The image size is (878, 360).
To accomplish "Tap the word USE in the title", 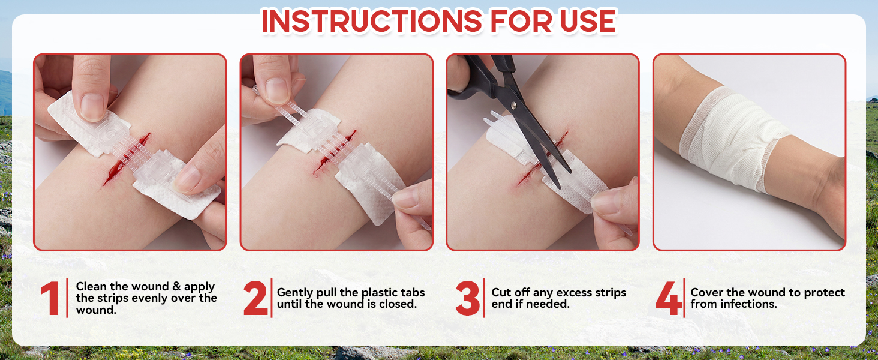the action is coord(588,21).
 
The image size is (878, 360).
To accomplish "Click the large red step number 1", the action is coord(50,298).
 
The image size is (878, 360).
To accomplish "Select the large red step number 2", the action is coord(255,298).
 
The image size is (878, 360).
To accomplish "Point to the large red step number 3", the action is coord(468,298).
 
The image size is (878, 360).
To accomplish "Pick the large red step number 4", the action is coord(669,298).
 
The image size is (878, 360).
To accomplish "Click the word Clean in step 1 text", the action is coord(91,286).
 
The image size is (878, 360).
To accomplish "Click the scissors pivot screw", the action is coord(514,106).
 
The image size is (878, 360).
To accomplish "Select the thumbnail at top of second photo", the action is coord(278,90).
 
